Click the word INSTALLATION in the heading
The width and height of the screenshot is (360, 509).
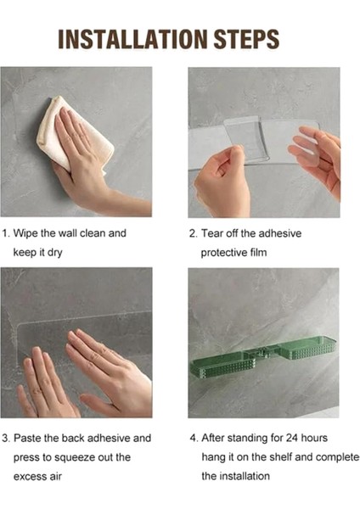click(132, 39)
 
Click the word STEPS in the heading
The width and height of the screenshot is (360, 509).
click(246, 39)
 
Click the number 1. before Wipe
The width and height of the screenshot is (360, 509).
click(6, 233)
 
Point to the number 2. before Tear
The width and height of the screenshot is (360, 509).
click(194, 233)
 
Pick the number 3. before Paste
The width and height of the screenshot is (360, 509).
click(7, 439)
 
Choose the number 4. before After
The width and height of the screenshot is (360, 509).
click(194, 439)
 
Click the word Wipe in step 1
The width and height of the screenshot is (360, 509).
click(25, 234)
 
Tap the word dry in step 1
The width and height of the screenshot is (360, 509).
click(54, 253)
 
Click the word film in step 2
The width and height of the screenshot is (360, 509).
click(259, 252)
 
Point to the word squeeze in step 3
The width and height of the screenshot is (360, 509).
click(70, 458)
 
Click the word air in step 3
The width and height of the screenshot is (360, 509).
click(55, 477)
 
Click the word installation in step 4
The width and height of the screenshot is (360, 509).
click(245, 476)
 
